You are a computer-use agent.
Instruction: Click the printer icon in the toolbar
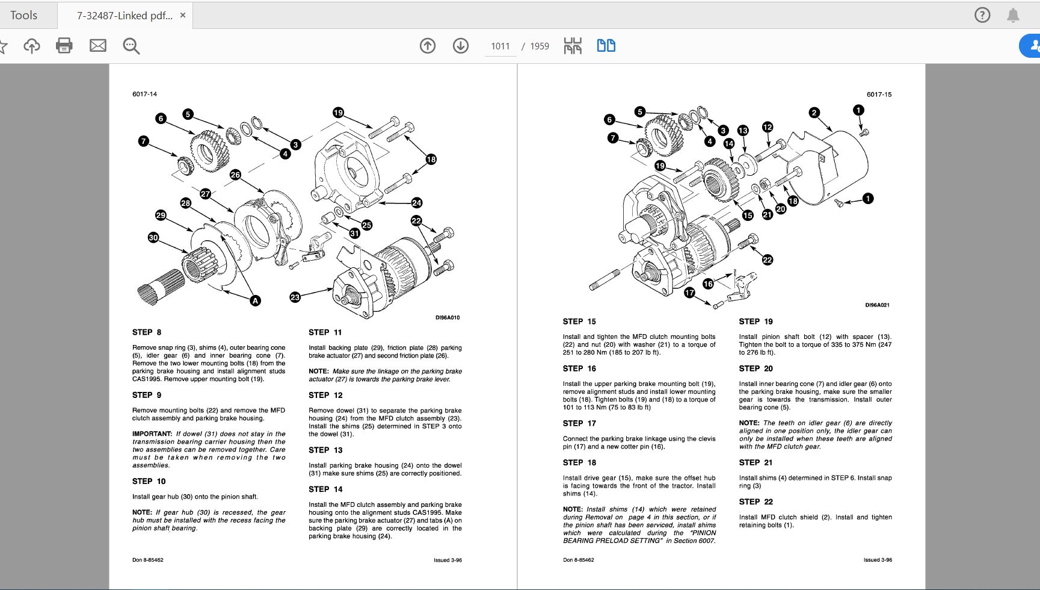64,46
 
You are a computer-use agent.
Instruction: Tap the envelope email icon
97,46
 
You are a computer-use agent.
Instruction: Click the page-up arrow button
428,46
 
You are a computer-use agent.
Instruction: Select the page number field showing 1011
500,46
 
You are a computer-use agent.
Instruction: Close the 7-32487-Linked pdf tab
183,16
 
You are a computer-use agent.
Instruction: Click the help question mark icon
982,15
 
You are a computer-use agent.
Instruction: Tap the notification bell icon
1014,15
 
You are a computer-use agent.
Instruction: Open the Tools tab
24,15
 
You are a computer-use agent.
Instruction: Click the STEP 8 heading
147,332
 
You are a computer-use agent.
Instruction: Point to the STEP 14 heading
325,489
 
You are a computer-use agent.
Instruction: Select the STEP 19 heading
755,321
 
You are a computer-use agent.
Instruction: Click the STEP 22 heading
755,501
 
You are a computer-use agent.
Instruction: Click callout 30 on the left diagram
153,238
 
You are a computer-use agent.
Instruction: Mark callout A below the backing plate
256,300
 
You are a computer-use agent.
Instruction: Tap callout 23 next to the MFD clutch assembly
295,297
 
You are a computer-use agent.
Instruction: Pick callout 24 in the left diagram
416,203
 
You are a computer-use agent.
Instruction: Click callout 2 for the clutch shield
814,113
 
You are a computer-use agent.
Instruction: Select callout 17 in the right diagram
689,293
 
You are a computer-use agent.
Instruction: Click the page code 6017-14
144,94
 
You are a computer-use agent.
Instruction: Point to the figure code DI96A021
877,305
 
